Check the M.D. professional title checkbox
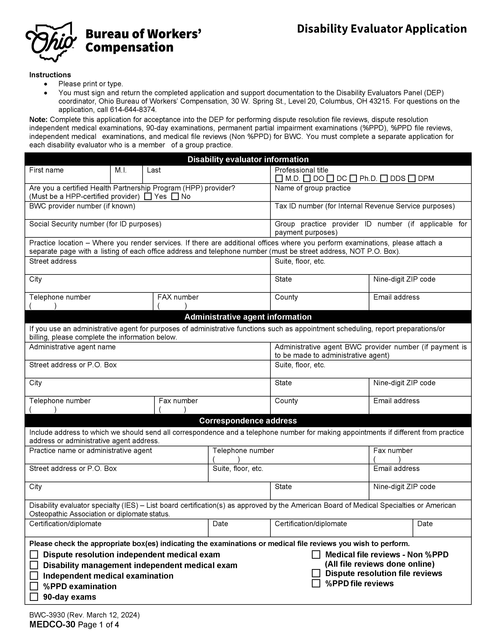click(279, 178)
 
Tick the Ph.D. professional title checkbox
click(353, 178)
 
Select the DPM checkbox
click(412, 178)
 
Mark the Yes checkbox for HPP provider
click(148, 196)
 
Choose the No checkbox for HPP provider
click(175, 196)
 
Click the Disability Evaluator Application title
click(382, 29)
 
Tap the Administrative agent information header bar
click(248, 317)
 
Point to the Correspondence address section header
click(248, 421)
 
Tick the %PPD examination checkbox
click(34, 586)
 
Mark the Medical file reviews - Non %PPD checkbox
click(316, 555)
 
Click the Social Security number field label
click(95, 224)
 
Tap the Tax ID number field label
click(364, 206)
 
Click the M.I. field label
click(120, 170)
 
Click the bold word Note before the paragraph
click(38, 120)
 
